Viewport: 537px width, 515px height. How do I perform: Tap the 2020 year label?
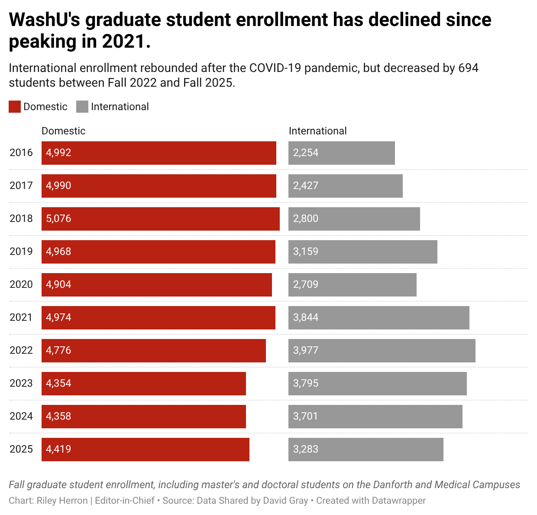(x=21, y=284)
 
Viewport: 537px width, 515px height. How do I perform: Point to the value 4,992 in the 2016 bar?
(x=58, y=153)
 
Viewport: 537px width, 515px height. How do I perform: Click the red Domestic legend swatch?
(x=15, y=107)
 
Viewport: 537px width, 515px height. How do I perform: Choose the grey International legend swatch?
(x=82, y=107)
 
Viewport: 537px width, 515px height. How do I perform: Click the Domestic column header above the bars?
(x=63, y=131)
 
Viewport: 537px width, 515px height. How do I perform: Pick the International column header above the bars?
(x=317, y=131)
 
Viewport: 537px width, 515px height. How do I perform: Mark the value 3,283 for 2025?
(x=306, y=449)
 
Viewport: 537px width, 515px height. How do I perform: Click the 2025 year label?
(x=21, y=449)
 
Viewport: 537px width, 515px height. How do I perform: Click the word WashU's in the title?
(x=43, y=20)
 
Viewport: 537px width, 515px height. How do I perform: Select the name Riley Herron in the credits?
(x=62, y=501)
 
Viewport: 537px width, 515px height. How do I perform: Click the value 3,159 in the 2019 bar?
(x=306, y=251)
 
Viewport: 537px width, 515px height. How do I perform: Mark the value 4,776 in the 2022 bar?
(x=58, y=350)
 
